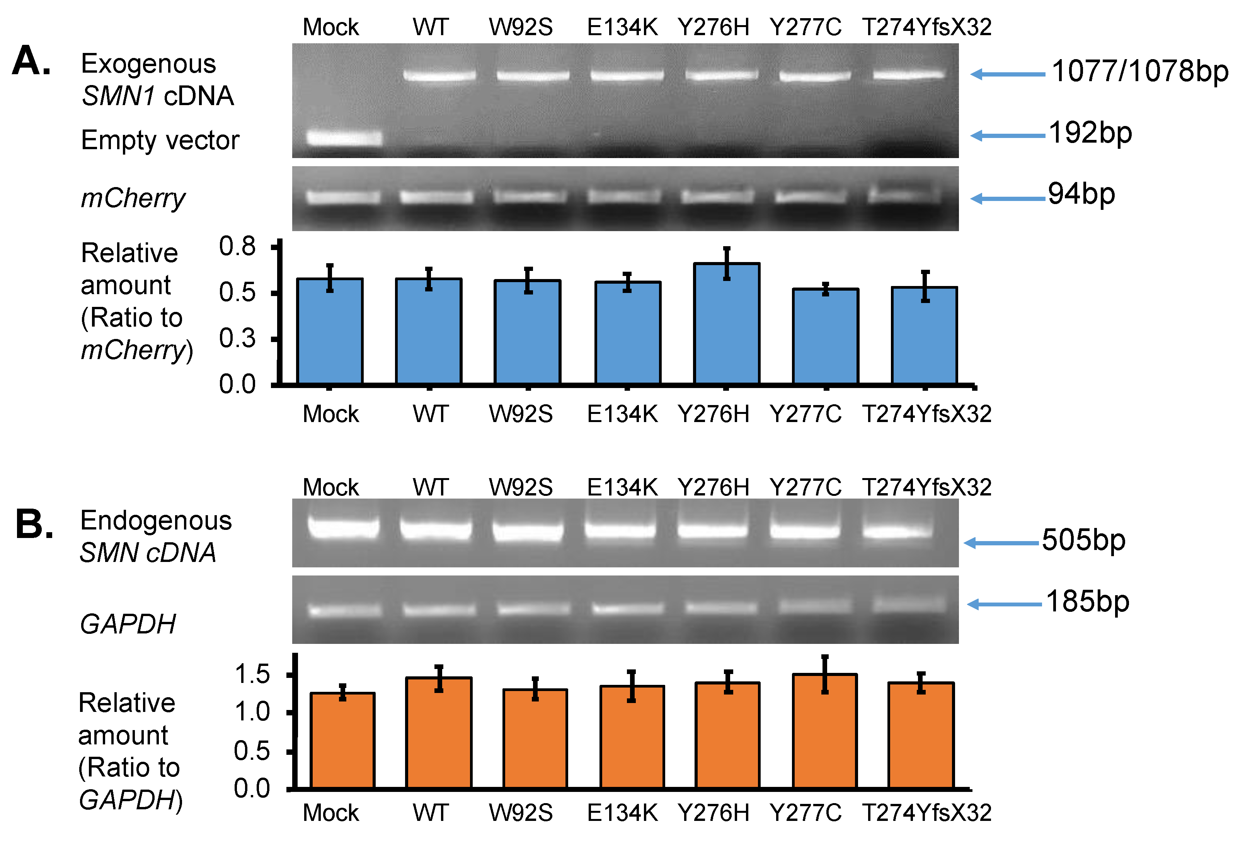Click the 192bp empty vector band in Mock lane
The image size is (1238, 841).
coord(344,138)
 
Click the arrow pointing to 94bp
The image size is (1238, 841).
coord(1007,199)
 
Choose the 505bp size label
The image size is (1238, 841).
coord(1083,540)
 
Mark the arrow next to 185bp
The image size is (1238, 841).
coord(1004,604)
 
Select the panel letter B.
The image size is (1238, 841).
coord(34,524)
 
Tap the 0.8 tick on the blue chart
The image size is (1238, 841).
coord(238,247)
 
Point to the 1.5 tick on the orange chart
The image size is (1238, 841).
coord(252,675)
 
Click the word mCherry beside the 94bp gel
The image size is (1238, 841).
coord(133,198)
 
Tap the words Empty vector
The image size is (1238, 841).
coord(160,140)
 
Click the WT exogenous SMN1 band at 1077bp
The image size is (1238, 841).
coord(439,75)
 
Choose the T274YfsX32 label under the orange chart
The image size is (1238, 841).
coord(926,813)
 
